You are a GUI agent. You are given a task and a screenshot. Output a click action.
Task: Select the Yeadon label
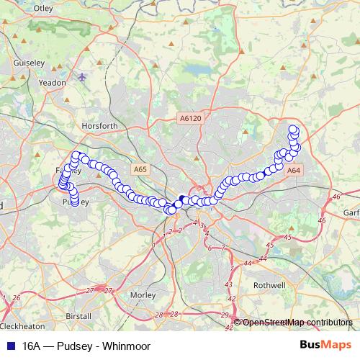point(52,83)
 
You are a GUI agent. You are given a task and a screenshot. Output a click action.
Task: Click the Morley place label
point(143,294)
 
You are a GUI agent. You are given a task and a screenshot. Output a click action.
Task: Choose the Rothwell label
point(270,285)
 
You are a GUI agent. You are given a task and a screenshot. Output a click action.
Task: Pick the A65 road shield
point(140,168)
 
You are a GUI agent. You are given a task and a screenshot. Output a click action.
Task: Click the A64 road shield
point(294,171)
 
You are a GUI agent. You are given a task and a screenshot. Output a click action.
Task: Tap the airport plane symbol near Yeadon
point(84,76)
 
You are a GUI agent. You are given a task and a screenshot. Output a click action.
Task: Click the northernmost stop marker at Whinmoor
point(293,130)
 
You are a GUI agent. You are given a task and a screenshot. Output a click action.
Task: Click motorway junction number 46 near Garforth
point(336,196)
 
